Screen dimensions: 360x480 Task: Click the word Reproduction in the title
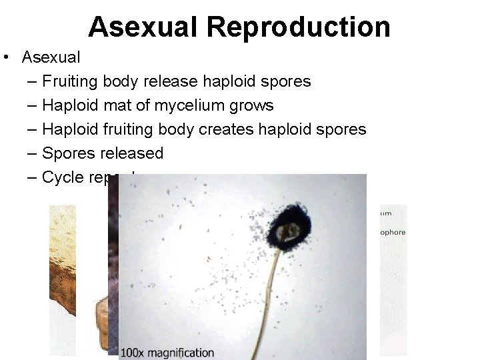(298, 27)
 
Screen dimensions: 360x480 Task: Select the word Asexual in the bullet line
(51, 57)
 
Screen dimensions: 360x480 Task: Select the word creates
(227, 129)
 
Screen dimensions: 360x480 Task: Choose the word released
(131, 153)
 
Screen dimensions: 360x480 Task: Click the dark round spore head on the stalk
(287, 233)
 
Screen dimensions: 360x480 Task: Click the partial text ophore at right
(392, 232)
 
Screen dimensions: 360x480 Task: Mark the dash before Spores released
(33, 153)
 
